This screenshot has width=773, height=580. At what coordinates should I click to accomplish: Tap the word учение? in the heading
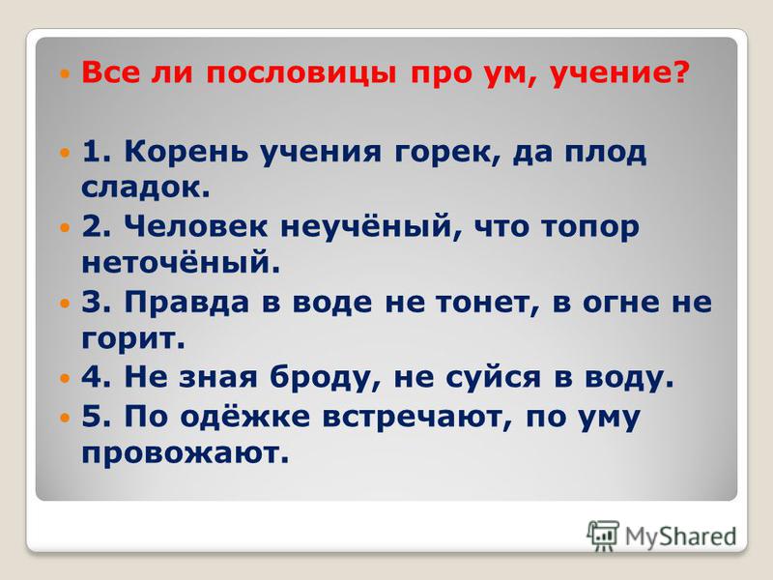point(619,73)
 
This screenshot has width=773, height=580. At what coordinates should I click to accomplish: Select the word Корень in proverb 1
point(186,152)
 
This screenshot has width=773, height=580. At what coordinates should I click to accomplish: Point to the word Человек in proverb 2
point(196,227)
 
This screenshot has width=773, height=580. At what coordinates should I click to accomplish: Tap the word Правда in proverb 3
point(186,303)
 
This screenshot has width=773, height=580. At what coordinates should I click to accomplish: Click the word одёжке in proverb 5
point(245,416)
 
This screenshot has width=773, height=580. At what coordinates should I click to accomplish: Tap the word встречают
point(418,417)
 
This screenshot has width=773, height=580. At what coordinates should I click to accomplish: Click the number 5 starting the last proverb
point(92,416)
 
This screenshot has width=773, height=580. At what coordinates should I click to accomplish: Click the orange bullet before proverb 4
point(65,379)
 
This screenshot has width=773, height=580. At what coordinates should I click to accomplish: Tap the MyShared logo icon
point(603,536)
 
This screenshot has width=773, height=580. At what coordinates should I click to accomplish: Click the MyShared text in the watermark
point(681,536)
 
